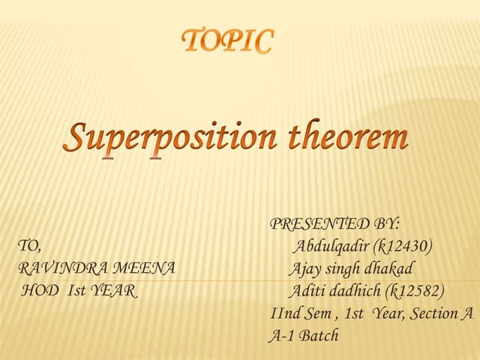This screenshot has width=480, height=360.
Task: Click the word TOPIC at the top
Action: pyautogui.click(x=228, y=41)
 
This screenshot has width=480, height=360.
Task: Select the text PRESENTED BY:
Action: pyautogui.click(x=334, y=223)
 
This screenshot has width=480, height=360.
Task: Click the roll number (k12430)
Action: pyautogui.click(x=405, y=246)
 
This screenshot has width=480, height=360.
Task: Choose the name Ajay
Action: pyautogui.click(x=304, y=268)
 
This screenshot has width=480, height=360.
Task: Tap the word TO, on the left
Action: pyautogui.click(x=30, y=246)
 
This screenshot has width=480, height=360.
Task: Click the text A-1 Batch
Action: pyautogui.click(x=304, y=336)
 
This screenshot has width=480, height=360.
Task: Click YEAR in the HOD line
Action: pyautogui.click(x=113, y=291)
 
